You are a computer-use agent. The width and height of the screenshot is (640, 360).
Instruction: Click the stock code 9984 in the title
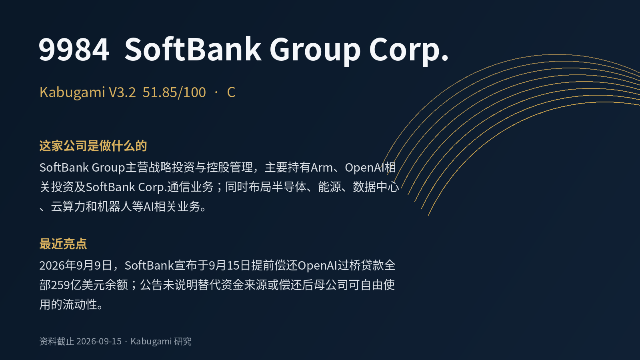(74, 50)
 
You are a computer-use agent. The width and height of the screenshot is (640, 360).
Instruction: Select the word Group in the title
(315, 51)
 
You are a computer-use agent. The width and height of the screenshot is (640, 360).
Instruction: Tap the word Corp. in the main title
(409, 51)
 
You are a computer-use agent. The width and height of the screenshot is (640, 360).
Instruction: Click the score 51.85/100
(174, 92)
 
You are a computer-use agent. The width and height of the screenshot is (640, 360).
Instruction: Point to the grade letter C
(231, 92)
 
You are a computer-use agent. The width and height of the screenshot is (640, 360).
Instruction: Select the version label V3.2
(122, 92)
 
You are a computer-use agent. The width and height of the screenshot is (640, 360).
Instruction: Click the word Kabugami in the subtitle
(72, 92)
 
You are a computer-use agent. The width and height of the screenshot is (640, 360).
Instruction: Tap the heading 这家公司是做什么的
(93, 146)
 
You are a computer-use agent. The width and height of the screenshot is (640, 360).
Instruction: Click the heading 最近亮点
(63, 244)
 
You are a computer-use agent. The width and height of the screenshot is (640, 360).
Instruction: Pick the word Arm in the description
(322, 168)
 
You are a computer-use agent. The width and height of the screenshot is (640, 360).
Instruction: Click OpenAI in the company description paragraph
(364, 168)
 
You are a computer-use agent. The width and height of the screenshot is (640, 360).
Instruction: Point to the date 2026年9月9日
(76, 266)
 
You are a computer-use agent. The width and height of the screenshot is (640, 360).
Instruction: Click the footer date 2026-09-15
(99, 342)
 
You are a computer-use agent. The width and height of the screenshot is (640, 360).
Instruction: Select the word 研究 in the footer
(182, 342)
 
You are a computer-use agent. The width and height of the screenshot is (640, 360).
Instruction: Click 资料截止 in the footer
(56, 342)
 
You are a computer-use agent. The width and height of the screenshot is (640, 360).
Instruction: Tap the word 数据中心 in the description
(376, 187)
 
